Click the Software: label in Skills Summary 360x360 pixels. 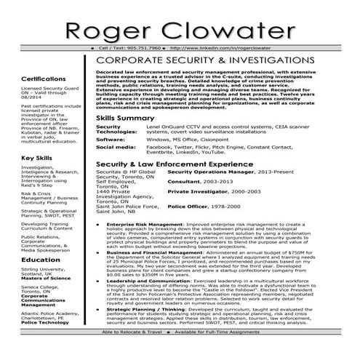pyautogui.click(x=111, y=138)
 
